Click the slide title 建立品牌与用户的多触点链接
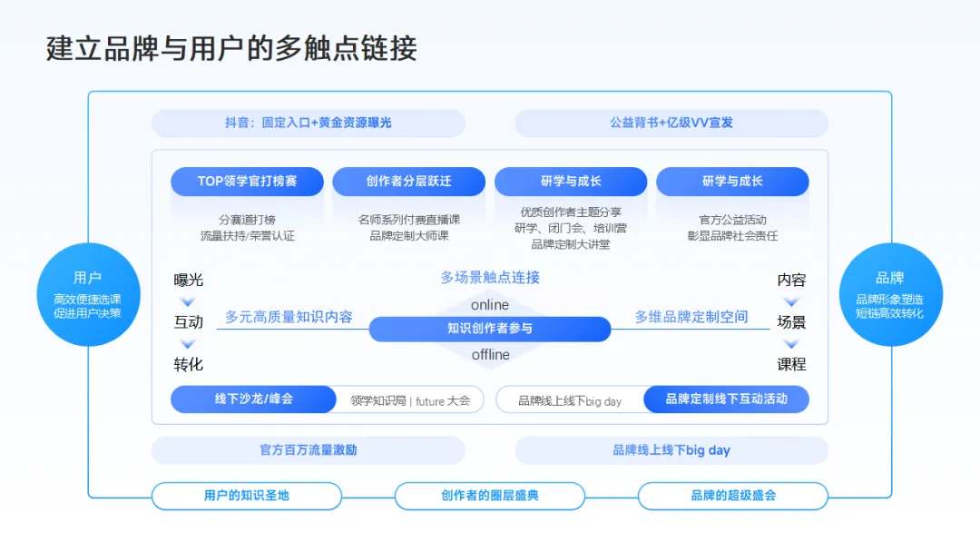click(x=231, y=48)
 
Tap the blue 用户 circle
click(x=88, y=294)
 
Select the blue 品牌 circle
click(x=889, y=294)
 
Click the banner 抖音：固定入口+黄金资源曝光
click(x=309, y=123)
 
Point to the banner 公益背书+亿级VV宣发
click(x=671, y=123)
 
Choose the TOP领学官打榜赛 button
click(x=248, y=181)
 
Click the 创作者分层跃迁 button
click(x=409, y=181)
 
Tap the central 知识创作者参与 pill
click(x=490, y=329)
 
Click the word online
click(x=490, y=305)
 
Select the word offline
click(x=490, y=354)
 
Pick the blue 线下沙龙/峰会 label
click(x=254, y=399)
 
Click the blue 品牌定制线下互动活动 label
click(x=726, y=399)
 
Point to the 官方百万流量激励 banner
click(x=309, y=450)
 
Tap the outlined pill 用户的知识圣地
click(x=247, y=496)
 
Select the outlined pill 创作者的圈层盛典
click(x=490, y=496)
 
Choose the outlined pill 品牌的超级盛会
click(x=733, y=496)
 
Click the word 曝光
click(x=189, y=280)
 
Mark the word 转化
click(x=189, y=364)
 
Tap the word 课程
click(x=791, y=364)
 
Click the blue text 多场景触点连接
click(x=490, y=278)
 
